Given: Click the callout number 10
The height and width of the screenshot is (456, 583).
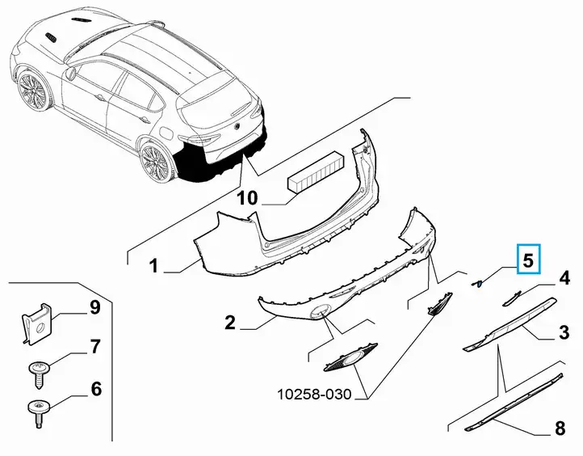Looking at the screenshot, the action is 247,197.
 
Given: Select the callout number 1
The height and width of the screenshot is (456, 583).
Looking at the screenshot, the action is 153,266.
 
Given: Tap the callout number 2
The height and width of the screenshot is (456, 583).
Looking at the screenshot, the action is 230,322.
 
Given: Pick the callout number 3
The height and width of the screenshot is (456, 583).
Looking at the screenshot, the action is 564,331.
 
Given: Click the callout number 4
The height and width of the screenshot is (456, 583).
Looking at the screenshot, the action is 564,278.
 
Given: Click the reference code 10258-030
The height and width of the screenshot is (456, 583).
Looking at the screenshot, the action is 314,394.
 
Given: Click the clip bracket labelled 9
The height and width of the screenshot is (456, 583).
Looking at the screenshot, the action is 36,324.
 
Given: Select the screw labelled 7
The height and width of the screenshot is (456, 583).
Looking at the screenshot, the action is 38,374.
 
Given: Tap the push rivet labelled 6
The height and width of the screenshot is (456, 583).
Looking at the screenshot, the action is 38,412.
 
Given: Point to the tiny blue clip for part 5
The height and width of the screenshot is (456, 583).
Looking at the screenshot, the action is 477,285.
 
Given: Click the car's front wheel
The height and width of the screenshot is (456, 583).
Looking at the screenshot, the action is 33,91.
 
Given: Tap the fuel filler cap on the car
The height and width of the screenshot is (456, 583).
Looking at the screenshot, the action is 166,132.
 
